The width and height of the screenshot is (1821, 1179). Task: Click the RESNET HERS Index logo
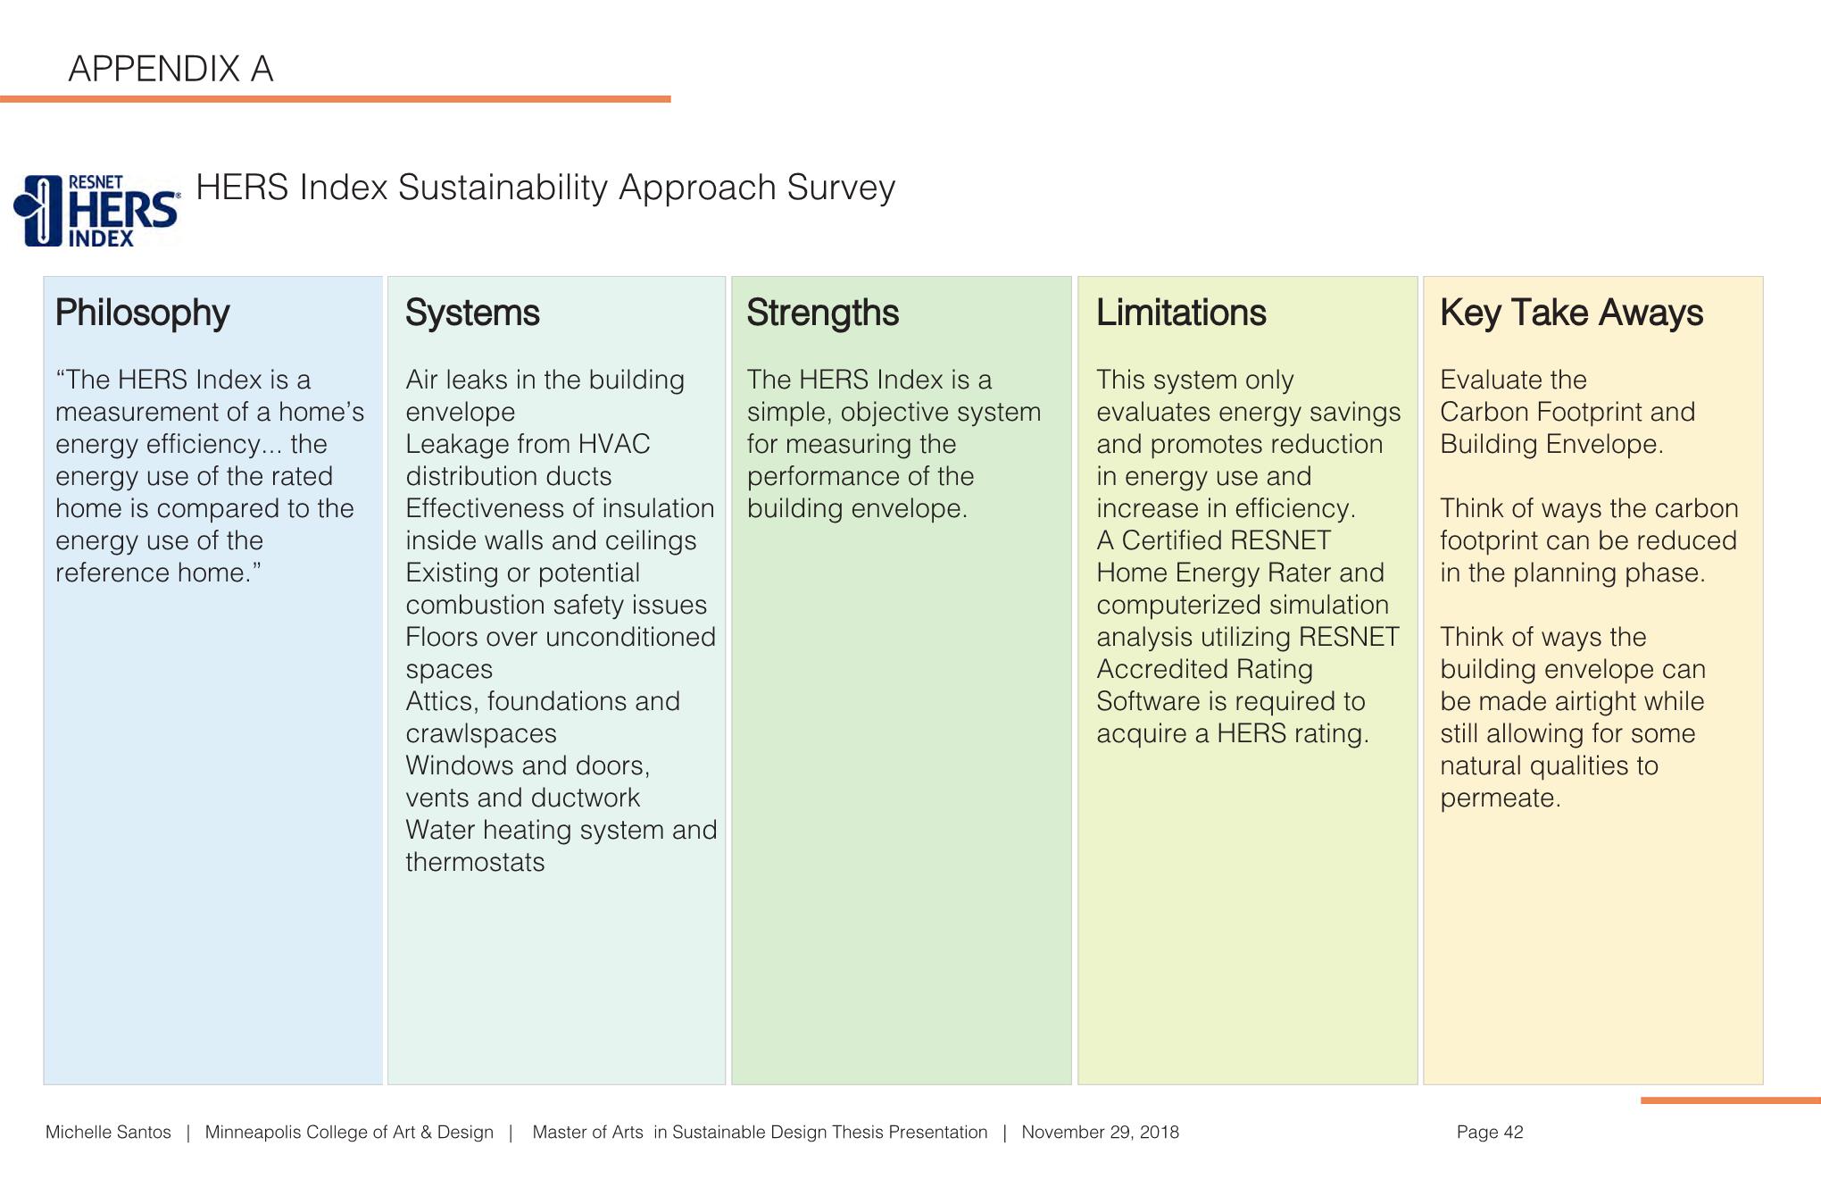pos(96,211)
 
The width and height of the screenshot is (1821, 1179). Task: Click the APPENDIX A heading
pos(170,69)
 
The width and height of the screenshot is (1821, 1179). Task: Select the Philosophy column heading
pos(142,313)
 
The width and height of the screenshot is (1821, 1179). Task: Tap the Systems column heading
pos(472,313)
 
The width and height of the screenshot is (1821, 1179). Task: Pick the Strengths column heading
pos(822,313)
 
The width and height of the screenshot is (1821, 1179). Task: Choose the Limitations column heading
pos(1180,313)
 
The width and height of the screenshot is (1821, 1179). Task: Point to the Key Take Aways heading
pos(1571,313)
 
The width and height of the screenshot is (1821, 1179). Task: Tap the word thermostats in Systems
pos(475,862)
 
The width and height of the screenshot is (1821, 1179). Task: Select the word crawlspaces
pos(481,733)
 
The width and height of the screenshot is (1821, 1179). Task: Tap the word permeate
pos(1500,798)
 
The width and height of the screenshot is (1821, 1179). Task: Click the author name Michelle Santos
pos(108,1133)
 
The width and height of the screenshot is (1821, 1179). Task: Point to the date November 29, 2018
pos(1100,1133)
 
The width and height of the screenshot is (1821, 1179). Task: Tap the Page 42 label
pos(1490,1133)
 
